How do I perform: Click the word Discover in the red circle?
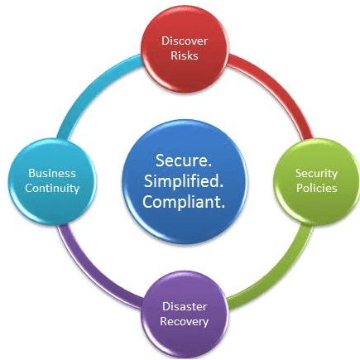click(185, 41)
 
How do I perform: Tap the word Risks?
click(185, 55)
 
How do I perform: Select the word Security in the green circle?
click(316, 174)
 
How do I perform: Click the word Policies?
click(317, 188)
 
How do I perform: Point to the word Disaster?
click(185, 306)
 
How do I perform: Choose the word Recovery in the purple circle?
click(185, 322)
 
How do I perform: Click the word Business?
click(52, 173)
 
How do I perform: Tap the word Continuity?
click(52, 189)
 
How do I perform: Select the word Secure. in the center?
click(184, 161)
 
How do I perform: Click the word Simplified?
click(184, 181)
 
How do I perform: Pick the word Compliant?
click(184, 202)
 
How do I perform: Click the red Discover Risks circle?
click(185, 49)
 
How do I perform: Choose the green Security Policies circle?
click(317, 181)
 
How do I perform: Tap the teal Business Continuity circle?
click(52, 181)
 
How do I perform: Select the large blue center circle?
click(184, 181)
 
